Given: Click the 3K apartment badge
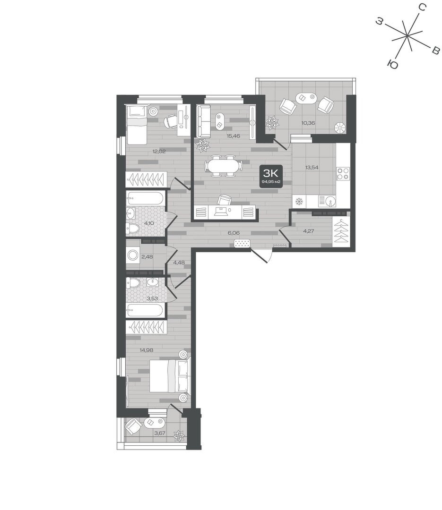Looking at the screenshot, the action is click(x=270, y=176).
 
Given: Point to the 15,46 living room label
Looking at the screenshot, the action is click(x=233, y=136).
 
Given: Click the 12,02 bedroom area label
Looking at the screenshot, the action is click(x=159, y=151).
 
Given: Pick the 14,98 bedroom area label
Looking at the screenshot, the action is click(x=146, y=350).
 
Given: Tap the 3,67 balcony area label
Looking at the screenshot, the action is click(x=160, y=433).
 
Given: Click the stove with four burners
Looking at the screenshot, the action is click(x=343, y=173).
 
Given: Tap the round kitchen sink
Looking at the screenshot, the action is click(x=330, y=201).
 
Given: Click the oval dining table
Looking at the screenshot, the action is click(x=223, y=166).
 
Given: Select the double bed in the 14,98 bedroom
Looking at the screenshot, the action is click(x=169, y=375).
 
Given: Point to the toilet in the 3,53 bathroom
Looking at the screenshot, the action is click(x=133, y=283).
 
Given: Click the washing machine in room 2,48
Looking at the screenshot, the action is click(x=133, y=255).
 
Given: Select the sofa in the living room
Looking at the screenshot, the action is click(x=204, y=121).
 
